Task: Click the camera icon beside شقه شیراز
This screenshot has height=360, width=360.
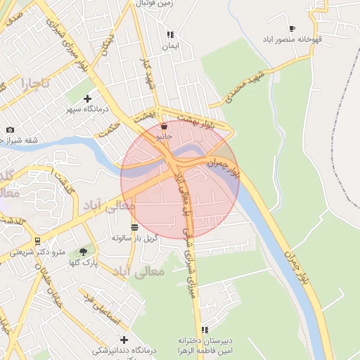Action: click(10, 129)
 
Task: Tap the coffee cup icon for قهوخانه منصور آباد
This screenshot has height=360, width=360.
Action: click(292, 29)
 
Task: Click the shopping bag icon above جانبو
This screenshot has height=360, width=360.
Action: click(164, 127)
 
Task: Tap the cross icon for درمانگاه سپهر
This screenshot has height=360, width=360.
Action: click(87, 98)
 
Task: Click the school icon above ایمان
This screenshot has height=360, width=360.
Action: click(169, 34)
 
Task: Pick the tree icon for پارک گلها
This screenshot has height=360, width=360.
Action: click(84, 251)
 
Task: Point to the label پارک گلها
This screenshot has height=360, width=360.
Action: click(84, 262)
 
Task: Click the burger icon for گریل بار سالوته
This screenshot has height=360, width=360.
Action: click(134, 226)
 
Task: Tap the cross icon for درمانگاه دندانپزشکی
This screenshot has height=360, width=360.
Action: click(124, 340)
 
